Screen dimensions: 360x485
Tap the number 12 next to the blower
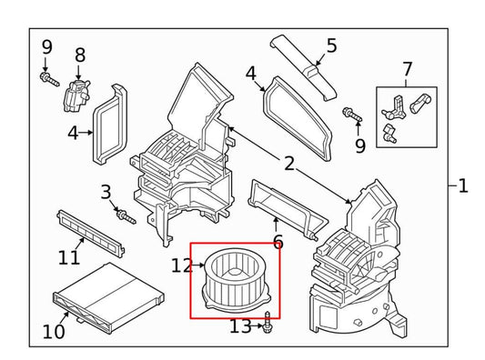tap(181, 266)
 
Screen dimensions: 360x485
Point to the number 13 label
tap(240, 326)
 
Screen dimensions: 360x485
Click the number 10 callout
tap(54, 332)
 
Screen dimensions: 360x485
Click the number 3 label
tap(106, 192)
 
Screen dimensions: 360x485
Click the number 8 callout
tap(79, 55)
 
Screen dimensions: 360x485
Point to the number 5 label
tap(331, 45)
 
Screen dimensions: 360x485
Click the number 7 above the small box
tap(406, 69)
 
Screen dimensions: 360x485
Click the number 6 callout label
tap(278, 242)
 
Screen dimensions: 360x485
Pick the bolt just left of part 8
tap(46, 77)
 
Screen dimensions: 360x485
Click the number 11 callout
tap(69, 257)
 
